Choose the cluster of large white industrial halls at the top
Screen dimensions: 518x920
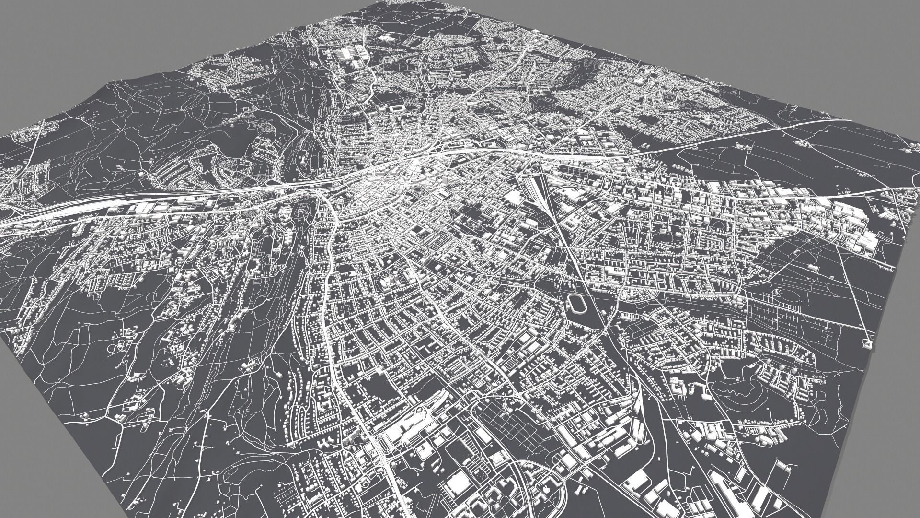(x=352, y=58)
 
